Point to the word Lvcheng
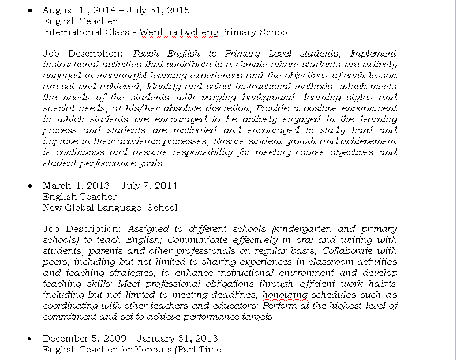[199, 32]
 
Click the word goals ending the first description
[149, 163]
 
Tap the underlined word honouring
[285, 295]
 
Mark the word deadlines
[233, 295]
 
